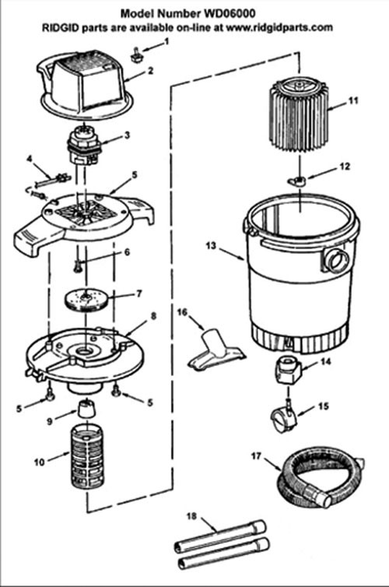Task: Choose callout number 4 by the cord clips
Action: [29, 159]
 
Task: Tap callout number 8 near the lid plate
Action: [153, 316]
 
